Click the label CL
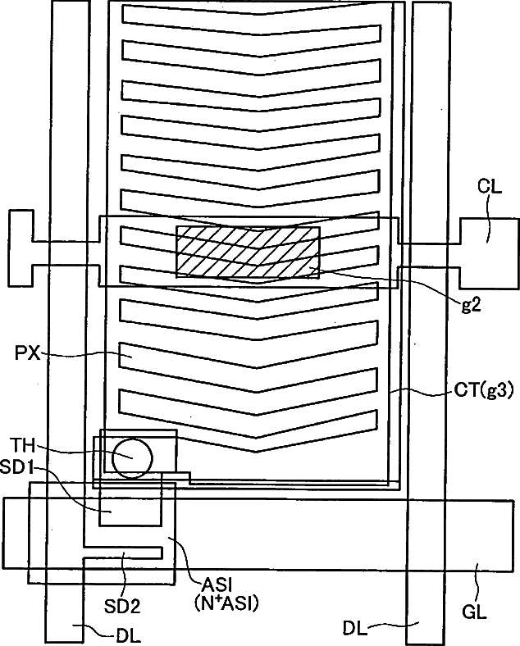click(489, 186)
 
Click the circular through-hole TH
click(133, 457)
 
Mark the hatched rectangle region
click(248, 252)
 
